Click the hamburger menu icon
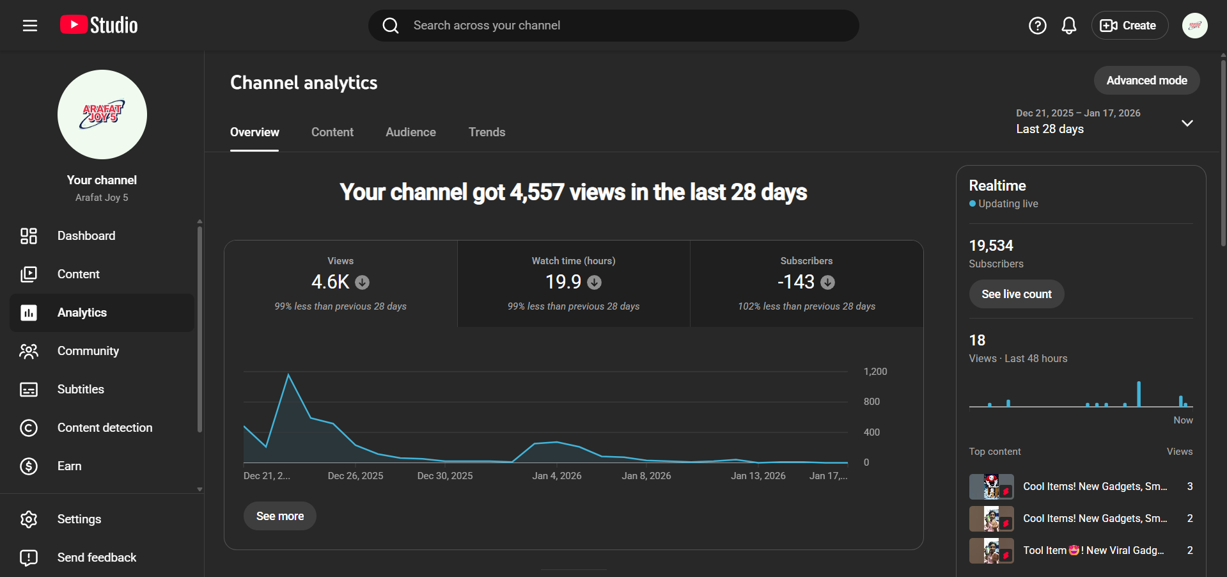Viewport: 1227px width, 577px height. (29, 26)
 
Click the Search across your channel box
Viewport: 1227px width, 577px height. (614, 26)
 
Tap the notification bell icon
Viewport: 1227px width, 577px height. (1068, 26)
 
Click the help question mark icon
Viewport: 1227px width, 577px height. (1037, 26)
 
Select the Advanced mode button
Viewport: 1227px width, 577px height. (1146, 81)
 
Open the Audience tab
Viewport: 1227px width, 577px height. (410, 132)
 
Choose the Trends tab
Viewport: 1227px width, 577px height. (487, 132)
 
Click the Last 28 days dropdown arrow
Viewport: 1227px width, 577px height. (1187, 123)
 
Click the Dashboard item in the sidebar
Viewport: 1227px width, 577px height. (86, 236)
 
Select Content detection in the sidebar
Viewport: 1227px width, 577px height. (105, 428)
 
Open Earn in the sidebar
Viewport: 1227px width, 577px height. (69, 466)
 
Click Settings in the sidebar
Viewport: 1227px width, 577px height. (79, 519)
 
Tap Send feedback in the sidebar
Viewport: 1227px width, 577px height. (97, 558)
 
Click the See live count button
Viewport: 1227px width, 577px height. (1016, 294)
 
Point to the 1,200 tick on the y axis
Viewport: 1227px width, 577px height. (875, 372)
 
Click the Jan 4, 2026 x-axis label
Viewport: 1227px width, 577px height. (556, 476)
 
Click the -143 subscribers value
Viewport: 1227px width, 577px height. (796, 282)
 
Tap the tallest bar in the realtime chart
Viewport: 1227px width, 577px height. (1139, 394)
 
